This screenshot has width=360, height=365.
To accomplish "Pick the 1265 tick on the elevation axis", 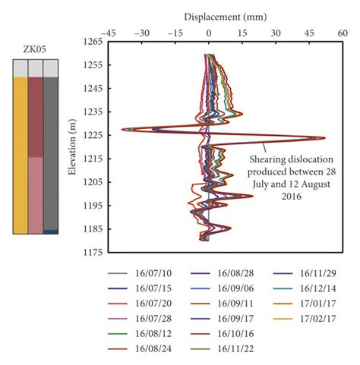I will point(91,42).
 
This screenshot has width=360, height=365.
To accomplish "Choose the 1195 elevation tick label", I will point(91,206).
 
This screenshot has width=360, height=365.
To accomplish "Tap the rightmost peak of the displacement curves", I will point(325,138).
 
